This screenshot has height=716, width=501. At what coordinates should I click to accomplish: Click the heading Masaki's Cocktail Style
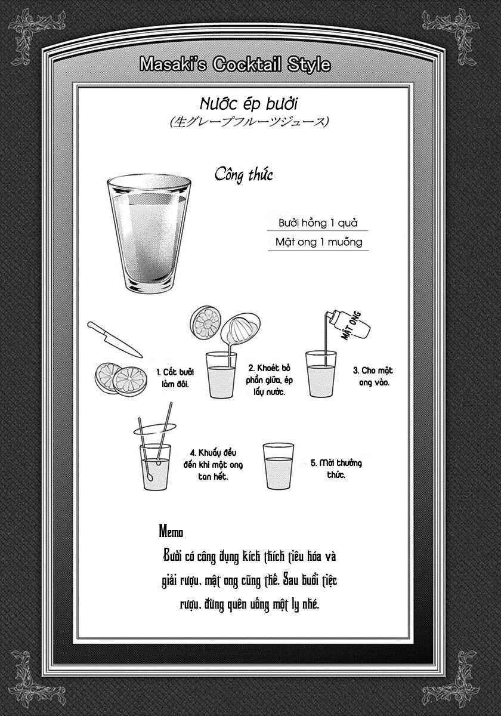click(x=235, y=64)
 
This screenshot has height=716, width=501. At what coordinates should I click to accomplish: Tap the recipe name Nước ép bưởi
click(x=249, y=104)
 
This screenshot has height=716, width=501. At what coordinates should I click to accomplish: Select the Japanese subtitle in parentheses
click(x=249, y=122)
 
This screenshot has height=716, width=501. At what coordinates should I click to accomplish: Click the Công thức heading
click(x=243, y=175)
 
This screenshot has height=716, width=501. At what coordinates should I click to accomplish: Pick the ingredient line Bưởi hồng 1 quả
click(x=318, y=223)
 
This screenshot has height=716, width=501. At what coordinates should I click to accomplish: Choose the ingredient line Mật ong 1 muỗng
click(x=319, y=242)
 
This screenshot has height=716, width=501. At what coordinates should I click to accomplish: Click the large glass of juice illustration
click(x=149, y=233)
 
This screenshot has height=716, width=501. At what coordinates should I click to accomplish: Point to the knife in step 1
click(x=115, y=340)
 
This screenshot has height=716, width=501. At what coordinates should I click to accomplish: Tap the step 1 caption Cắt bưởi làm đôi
click(x=175, y=378)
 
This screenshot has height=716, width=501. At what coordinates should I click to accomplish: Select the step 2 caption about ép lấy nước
click(x=270, y=379)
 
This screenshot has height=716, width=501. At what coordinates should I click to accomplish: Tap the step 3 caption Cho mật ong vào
click(x=373, y=376)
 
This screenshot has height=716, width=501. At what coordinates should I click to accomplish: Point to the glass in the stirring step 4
click(x=155, y=467)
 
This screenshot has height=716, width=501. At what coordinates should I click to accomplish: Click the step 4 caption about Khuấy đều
click(x=213, y=464)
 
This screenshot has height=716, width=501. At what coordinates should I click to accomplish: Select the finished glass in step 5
click(x=279, y=466)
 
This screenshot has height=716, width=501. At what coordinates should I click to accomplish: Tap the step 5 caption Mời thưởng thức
click(x=336, y=468)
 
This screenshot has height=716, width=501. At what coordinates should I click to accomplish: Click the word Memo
click(x=171, y=532)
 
